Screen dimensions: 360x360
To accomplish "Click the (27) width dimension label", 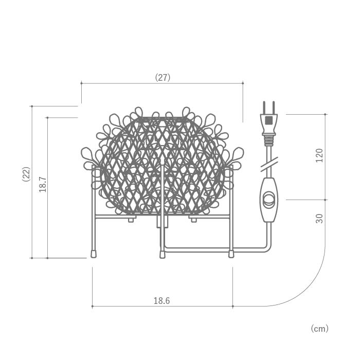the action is coord(163,78).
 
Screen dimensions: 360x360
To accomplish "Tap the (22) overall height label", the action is coord(26,174).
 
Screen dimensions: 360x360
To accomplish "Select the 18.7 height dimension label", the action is coord(43,185).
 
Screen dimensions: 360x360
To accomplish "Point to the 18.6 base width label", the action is coord(161,300).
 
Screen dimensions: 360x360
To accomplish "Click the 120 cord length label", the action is coord(319,155).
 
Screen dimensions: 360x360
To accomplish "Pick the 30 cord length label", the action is coord(319,219).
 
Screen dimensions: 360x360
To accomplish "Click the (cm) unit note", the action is coord(319,329).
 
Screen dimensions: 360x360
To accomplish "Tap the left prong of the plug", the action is coord(264,107).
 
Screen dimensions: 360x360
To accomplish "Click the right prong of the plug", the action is coord(273,107).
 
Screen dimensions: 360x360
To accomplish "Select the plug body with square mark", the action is coord(269,124).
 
